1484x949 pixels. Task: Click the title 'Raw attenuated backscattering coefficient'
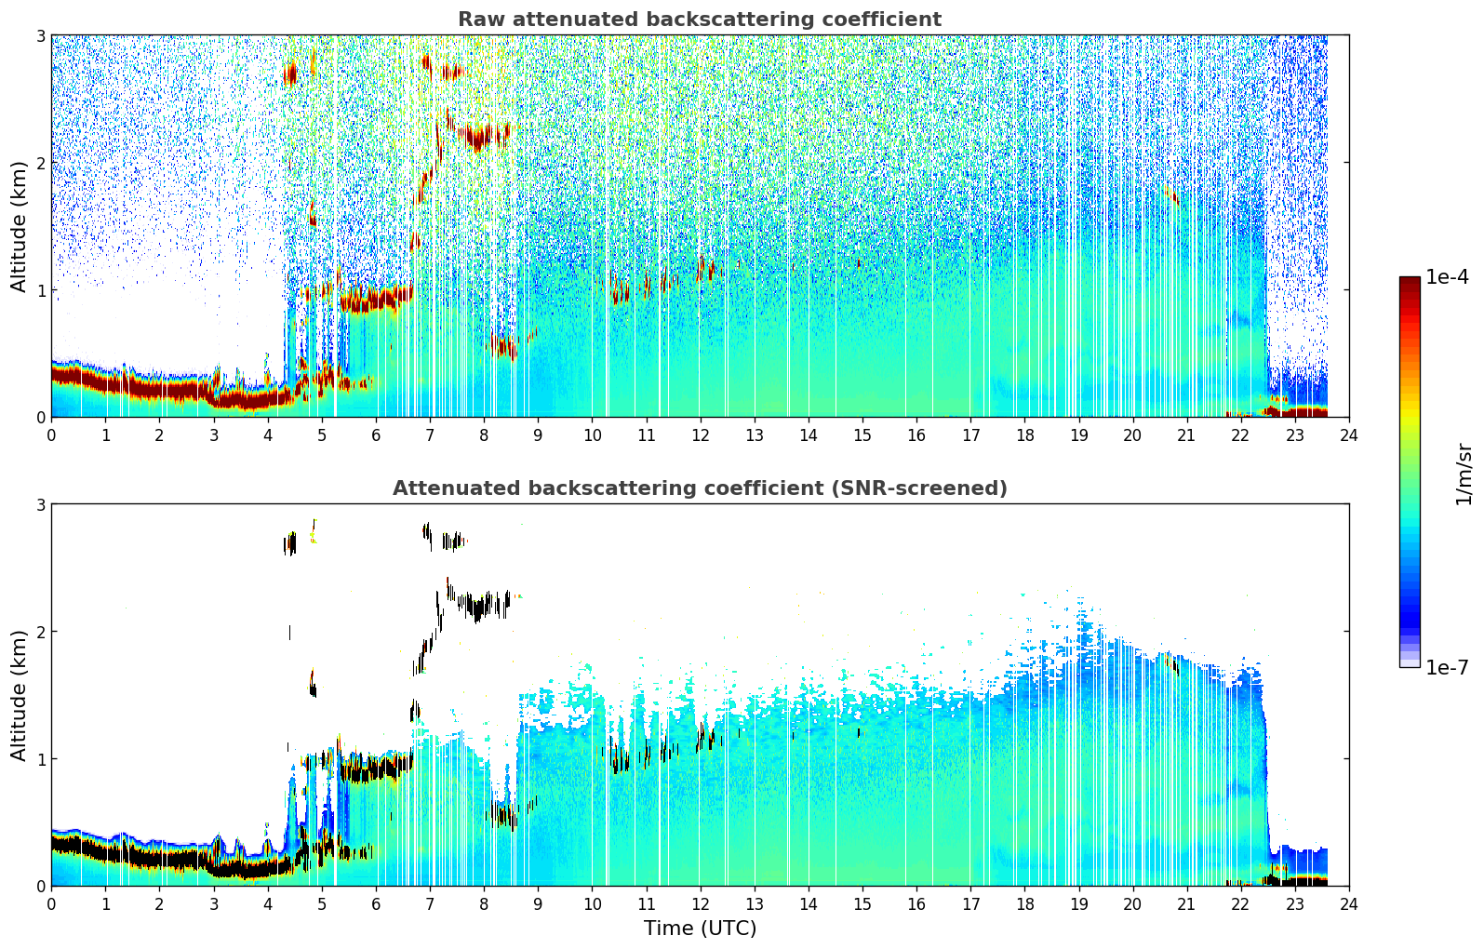[x=700, y=20]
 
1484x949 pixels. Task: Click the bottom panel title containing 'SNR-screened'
[x=700, y=488]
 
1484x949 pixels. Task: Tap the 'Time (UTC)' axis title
[x=700, y=929]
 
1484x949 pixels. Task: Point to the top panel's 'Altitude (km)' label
[x=19, y=227]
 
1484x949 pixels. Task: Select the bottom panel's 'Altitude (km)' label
[x=19, y=695]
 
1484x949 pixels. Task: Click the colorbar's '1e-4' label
[x=1447, y=277]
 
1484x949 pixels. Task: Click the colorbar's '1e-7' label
[x=1447, y=667]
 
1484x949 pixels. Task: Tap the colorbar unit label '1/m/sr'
[x=1464, y=475]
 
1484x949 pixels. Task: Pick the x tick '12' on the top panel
[x=700, y=435]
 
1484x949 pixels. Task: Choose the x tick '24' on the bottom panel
[x=1349, y=904]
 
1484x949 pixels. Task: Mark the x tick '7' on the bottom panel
[x=430, y=904]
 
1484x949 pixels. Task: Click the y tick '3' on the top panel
[x=40, y=35]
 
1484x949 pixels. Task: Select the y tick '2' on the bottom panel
[x=40, y=632]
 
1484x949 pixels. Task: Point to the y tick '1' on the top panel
[x=40, y=290]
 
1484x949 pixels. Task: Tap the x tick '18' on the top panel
[x=1025, y=435]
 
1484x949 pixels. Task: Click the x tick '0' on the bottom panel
[x=52, y=904]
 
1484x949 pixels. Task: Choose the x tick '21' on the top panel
[x=1186, y=435]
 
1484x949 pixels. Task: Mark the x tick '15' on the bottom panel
[x=862, y=904]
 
